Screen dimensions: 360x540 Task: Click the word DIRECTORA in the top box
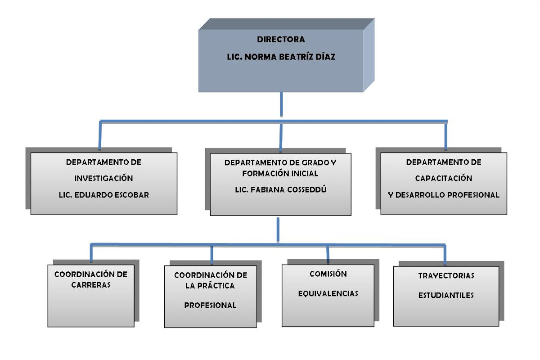pyautogui.click(x=281, y=40)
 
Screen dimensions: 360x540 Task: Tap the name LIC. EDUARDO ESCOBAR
pyautogui.click(x=103, y=195)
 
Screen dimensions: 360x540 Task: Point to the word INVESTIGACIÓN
pyautogui.click(x=103, y=178)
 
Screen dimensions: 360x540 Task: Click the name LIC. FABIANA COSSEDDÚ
pyautogui.click(x=280, y=189)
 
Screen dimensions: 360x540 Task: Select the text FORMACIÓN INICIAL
pyautogui.click(x=280, y=173)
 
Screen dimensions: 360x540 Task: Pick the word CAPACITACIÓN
pyautogui.click(x=443, y=178)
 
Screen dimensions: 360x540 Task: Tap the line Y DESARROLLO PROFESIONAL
pyautogui.click(x=444, y=195)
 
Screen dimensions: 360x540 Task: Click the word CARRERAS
pyautogui.click(x=91, y=285)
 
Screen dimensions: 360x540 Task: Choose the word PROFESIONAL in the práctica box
pyautogui.click(x=210, y=305)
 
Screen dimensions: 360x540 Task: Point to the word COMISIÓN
pyautogui.click(x=328, y=274)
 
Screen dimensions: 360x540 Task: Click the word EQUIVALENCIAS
pyautogui.click(x=328, y=293)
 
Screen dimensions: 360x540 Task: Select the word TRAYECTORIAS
pyautogui.click(x=446, y=275)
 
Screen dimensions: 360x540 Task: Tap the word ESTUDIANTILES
pyautogui.click(x=446, y=296)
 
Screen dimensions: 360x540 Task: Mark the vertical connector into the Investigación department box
pyautogui.click(x=99, y=135)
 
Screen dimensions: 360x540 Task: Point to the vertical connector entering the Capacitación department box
pyautogui.click(x=445, y=135)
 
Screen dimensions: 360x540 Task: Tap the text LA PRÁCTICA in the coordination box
pyautogui.click(x=210, y=285)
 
